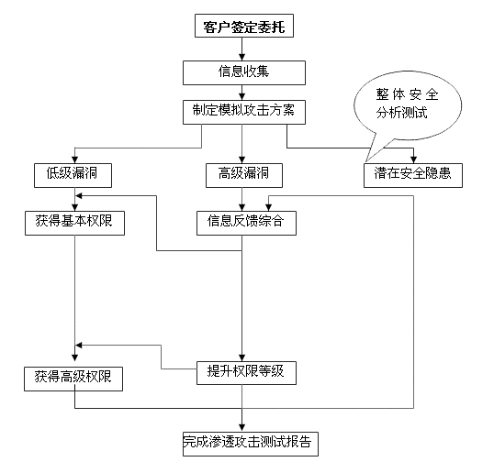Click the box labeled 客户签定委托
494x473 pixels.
tap(244, 26)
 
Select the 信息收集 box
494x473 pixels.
tap(244, 73)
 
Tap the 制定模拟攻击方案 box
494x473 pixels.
tap(244, 112)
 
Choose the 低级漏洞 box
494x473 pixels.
tap(73, 175)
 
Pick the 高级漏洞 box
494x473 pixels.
tap(244, 175)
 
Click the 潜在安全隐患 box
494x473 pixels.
tap(413, 175)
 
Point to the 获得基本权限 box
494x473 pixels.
tap(74, 224)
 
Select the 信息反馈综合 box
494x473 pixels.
tap(246, 224)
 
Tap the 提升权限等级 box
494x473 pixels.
tap(246, 373)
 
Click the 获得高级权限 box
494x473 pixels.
tap(73, 379)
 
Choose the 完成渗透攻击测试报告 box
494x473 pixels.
tap(251, 444)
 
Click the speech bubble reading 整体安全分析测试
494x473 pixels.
tap(408, 105)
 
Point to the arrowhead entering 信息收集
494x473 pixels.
tap(242, 57)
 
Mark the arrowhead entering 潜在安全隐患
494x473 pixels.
tap(413, 159)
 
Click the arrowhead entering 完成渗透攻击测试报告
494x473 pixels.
tap(242, 428)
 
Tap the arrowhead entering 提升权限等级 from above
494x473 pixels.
tap(242, 357)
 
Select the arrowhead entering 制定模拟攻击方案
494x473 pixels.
tap(242, 97)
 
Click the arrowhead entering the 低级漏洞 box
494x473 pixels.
tap(75, 159)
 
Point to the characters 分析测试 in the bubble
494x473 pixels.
tap(401, 113)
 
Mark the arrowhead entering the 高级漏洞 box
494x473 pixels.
tap(242, 159)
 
